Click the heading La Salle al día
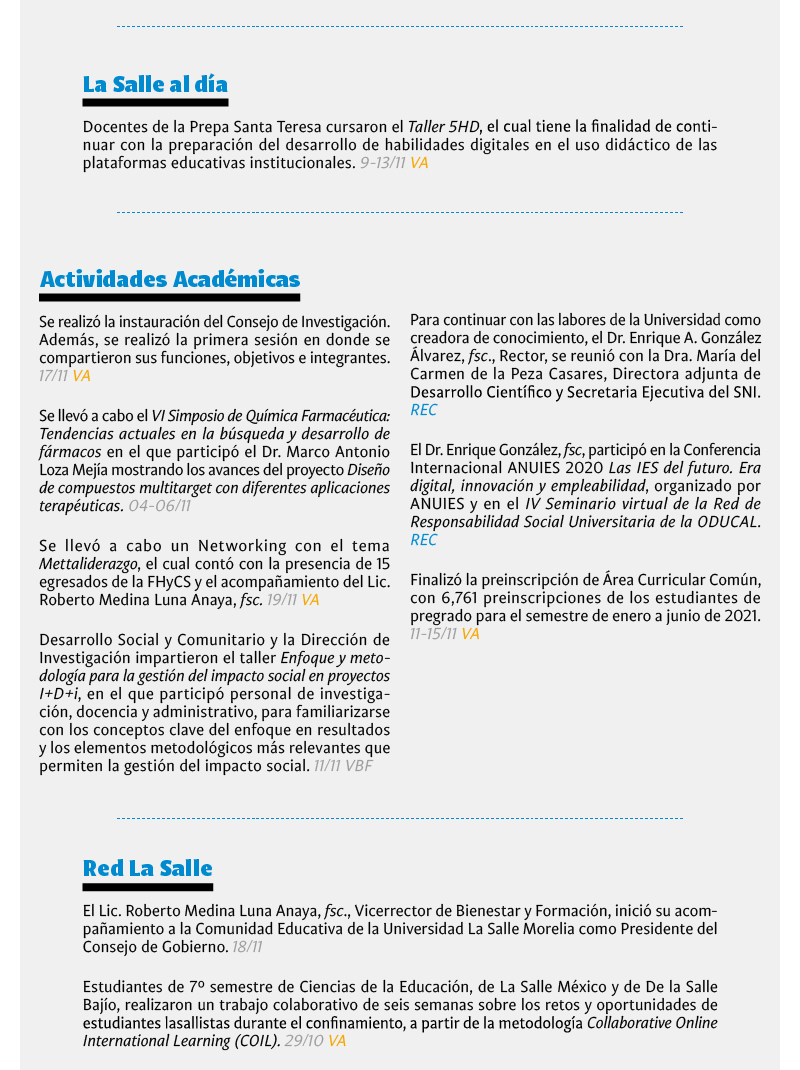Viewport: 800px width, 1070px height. click(x=155, y=84)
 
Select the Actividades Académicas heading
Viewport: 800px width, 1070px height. click(x=170, y=279)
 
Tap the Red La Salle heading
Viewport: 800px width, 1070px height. click(x=148, y=867)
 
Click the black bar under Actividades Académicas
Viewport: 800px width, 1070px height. click(x=170, y=297)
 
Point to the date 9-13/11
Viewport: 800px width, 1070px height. click(x=382, y=162)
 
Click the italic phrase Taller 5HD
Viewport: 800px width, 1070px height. click(x=444, y=127)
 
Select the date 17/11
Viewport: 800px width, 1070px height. click(x=53, y=376)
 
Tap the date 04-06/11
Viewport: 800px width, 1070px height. click(x=159, y=506)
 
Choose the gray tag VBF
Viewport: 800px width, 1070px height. click(x=358, y=766)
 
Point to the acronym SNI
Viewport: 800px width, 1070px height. click(x=745, y=392)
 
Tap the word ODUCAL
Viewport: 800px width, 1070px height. click(x=725, y=522)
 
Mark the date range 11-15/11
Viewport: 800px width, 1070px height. click(x=434, y=634)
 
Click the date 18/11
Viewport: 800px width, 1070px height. click(x=246, y=947)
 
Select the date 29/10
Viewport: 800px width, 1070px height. click(x=303, y=1041)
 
